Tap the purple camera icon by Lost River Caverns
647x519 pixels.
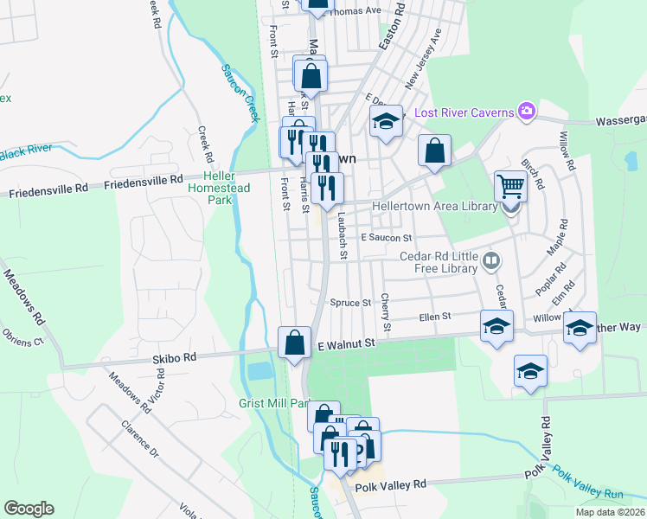525,111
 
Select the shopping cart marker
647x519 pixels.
511,185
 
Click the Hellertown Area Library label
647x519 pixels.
434,207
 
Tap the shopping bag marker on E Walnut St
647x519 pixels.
294,342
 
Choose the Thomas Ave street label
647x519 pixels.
356,11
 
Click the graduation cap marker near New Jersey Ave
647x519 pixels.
387,122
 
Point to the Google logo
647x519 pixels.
29,509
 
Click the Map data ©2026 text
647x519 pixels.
609,512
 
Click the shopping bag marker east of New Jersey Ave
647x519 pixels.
434,151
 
